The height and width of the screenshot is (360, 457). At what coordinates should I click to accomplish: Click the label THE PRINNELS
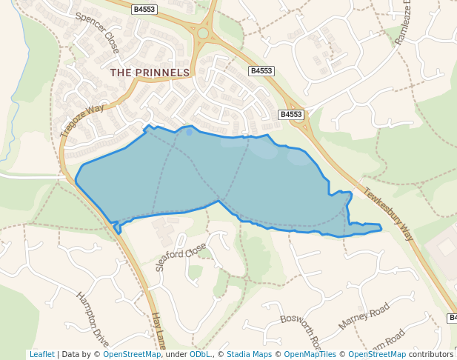tap(150, 73)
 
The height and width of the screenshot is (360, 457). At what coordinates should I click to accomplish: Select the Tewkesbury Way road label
tap(387, 214)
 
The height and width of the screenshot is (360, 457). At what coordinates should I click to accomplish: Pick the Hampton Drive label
tap(93, 319)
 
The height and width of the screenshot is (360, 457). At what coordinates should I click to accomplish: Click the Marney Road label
tap(363, 316)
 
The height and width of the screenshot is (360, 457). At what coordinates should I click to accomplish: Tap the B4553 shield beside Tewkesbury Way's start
tap(291, 115)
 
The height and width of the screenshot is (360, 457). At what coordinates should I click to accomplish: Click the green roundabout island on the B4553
tap(203, 32)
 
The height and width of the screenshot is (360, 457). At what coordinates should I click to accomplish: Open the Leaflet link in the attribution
tap(41, 355)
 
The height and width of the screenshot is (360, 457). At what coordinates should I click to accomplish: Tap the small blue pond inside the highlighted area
tap(189, 133)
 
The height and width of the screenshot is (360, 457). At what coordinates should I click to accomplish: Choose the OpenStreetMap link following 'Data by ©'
tap(132, 355)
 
